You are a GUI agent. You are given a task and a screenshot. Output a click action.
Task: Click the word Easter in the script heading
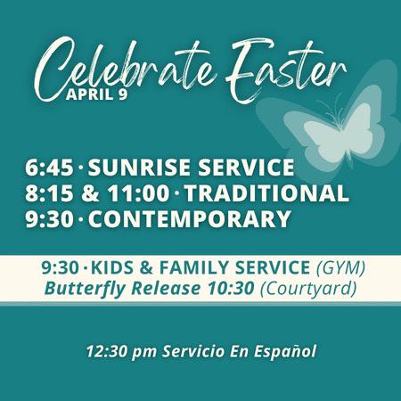285,70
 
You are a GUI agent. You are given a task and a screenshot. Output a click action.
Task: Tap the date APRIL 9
97,94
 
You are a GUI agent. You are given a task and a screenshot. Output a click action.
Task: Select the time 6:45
49,168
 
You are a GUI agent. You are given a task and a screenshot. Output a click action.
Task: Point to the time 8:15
49,193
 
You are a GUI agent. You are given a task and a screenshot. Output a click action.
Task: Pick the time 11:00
138,193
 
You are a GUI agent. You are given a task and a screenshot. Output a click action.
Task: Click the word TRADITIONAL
266,193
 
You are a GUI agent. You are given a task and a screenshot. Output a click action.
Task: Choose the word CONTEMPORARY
190,219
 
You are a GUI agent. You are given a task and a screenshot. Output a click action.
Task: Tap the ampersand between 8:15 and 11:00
90,193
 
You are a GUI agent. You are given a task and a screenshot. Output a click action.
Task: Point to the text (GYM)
340,268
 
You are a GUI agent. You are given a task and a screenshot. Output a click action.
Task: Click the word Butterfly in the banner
85,289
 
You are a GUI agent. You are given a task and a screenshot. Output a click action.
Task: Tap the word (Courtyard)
308,289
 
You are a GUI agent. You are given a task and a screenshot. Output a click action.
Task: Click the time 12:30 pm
121,351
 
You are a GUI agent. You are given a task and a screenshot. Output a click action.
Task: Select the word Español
285,351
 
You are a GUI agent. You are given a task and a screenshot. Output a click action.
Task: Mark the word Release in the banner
166,288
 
